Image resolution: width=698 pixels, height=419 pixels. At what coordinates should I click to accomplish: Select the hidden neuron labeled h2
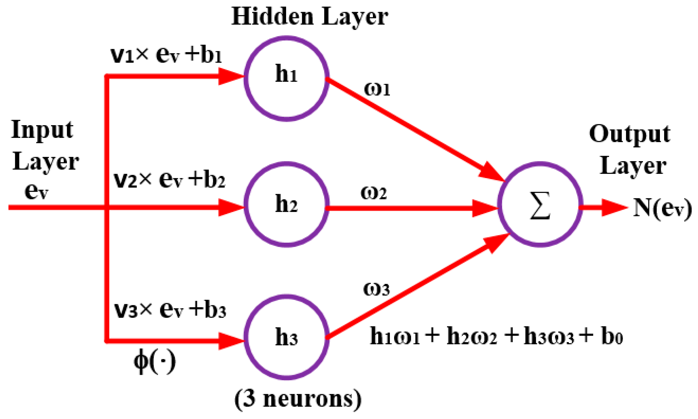coord(286,204)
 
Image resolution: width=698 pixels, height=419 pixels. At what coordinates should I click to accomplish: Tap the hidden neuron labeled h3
coord(286,337)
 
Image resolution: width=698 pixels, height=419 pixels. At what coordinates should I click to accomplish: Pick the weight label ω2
coord(373,193)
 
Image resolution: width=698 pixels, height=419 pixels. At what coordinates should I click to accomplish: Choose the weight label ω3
coord(376,289)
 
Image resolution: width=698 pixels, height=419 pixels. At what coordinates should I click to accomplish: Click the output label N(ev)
coord(662,208)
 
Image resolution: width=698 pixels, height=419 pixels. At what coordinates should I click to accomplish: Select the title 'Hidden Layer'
coord(309,17)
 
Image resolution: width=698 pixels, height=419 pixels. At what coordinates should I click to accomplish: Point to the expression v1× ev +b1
coord(166,55)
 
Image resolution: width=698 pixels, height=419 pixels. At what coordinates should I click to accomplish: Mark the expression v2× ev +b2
coord(169,180)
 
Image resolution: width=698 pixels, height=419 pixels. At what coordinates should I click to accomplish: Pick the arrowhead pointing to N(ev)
coord(614,207)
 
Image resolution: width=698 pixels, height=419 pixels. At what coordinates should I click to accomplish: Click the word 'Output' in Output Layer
coord(630,134)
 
